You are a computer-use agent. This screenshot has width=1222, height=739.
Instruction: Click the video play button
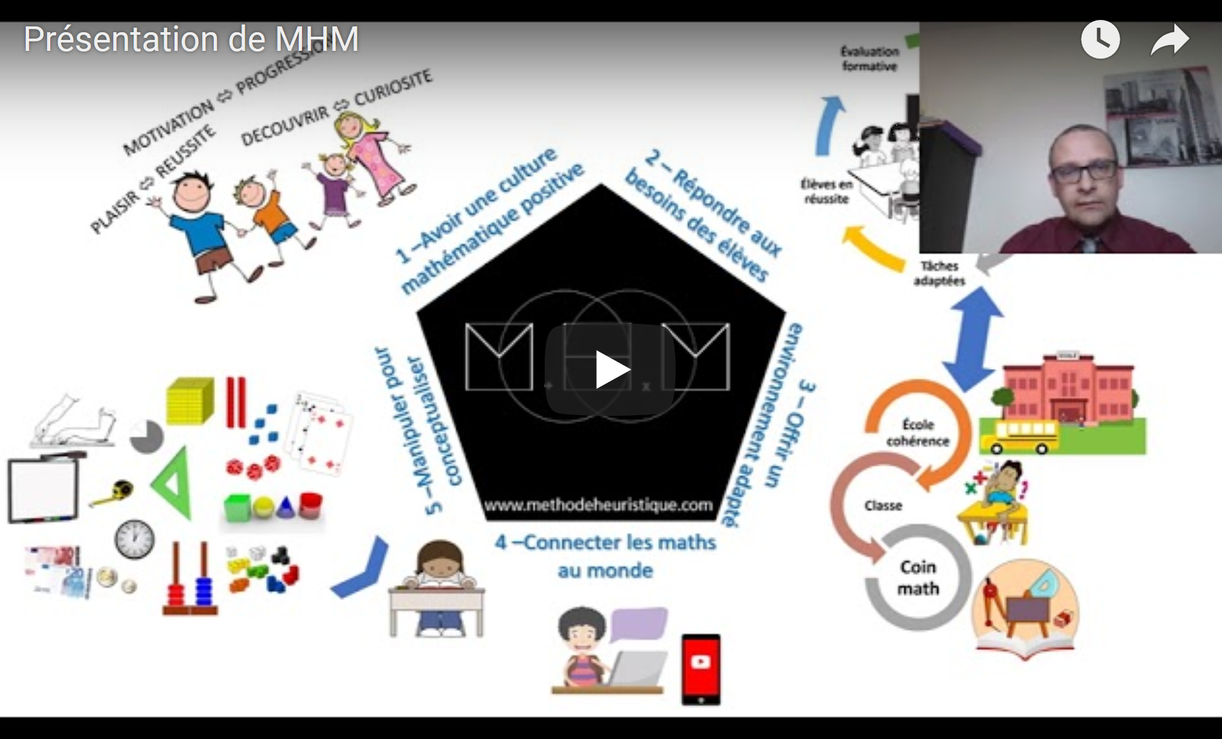[x=610, y=369]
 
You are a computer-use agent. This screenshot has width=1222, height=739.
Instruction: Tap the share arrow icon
[x=1169, y=40]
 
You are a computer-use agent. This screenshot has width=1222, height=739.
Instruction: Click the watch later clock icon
[x=1100, y=40]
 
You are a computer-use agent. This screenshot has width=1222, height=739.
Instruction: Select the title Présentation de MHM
[x=191, y=40]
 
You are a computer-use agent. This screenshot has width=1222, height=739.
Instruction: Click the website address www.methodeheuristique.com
[x=598, y=505]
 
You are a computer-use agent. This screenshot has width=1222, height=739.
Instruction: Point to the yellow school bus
[x=1019, y=436]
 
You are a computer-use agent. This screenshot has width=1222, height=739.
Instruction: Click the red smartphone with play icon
[x=700, y=669]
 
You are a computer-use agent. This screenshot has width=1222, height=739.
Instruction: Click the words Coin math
[x=918, y=577]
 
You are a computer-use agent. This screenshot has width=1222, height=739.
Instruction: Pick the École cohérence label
[x=917, y=433]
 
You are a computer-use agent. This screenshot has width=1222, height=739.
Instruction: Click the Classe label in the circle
[x=883, y=506]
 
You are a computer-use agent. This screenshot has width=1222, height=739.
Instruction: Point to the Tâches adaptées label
[x=939, y=273]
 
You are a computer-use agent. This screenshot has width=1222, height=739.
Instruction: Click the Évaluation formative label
[x=869, y=59]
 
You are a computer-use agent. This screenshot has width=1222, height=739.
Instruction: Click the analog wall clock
[x=135, y=538]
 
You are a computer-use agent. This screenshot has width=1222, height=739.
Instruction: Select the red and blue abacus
[x=191, y=583]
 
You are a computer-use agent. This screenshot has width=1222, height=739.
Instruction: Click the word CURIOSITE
[x=393, y=87]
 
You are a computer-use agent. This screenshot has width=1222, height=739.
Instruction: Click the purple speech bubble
[x=639, y=624]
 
